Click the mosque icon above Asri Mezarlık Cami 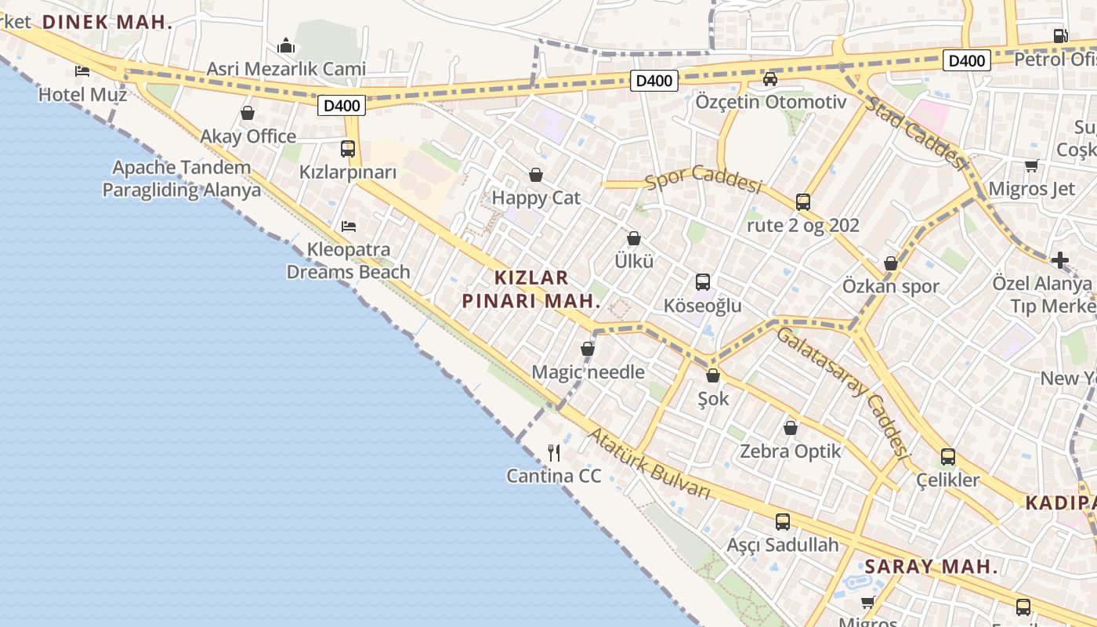point(286,45)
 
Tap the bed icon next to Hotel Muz point(82,71)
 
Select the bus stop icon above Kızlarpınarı point(348,148)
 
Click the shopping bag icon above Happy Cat point(536,174)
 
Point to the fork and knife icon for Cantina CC point(554,452)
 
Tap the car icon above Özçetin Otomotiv point(770,78)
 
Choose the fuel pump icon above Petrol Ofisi point(1060,35)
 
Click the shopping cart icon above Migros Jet point(1031,165)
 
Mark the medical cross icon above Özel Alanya point(1060,259)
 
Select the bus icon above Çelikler point(948,456)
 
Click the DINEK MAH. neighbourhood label point(107,22)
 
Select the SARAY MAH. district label point(931,567)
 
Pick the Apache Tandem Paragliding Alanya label point(182,179)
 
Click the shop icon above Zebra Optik point(791,428)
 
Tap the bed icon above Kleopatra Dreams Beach point(349,227)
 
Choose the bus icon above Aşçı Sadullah point(782,521)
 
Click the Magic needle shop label point(588,372)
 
